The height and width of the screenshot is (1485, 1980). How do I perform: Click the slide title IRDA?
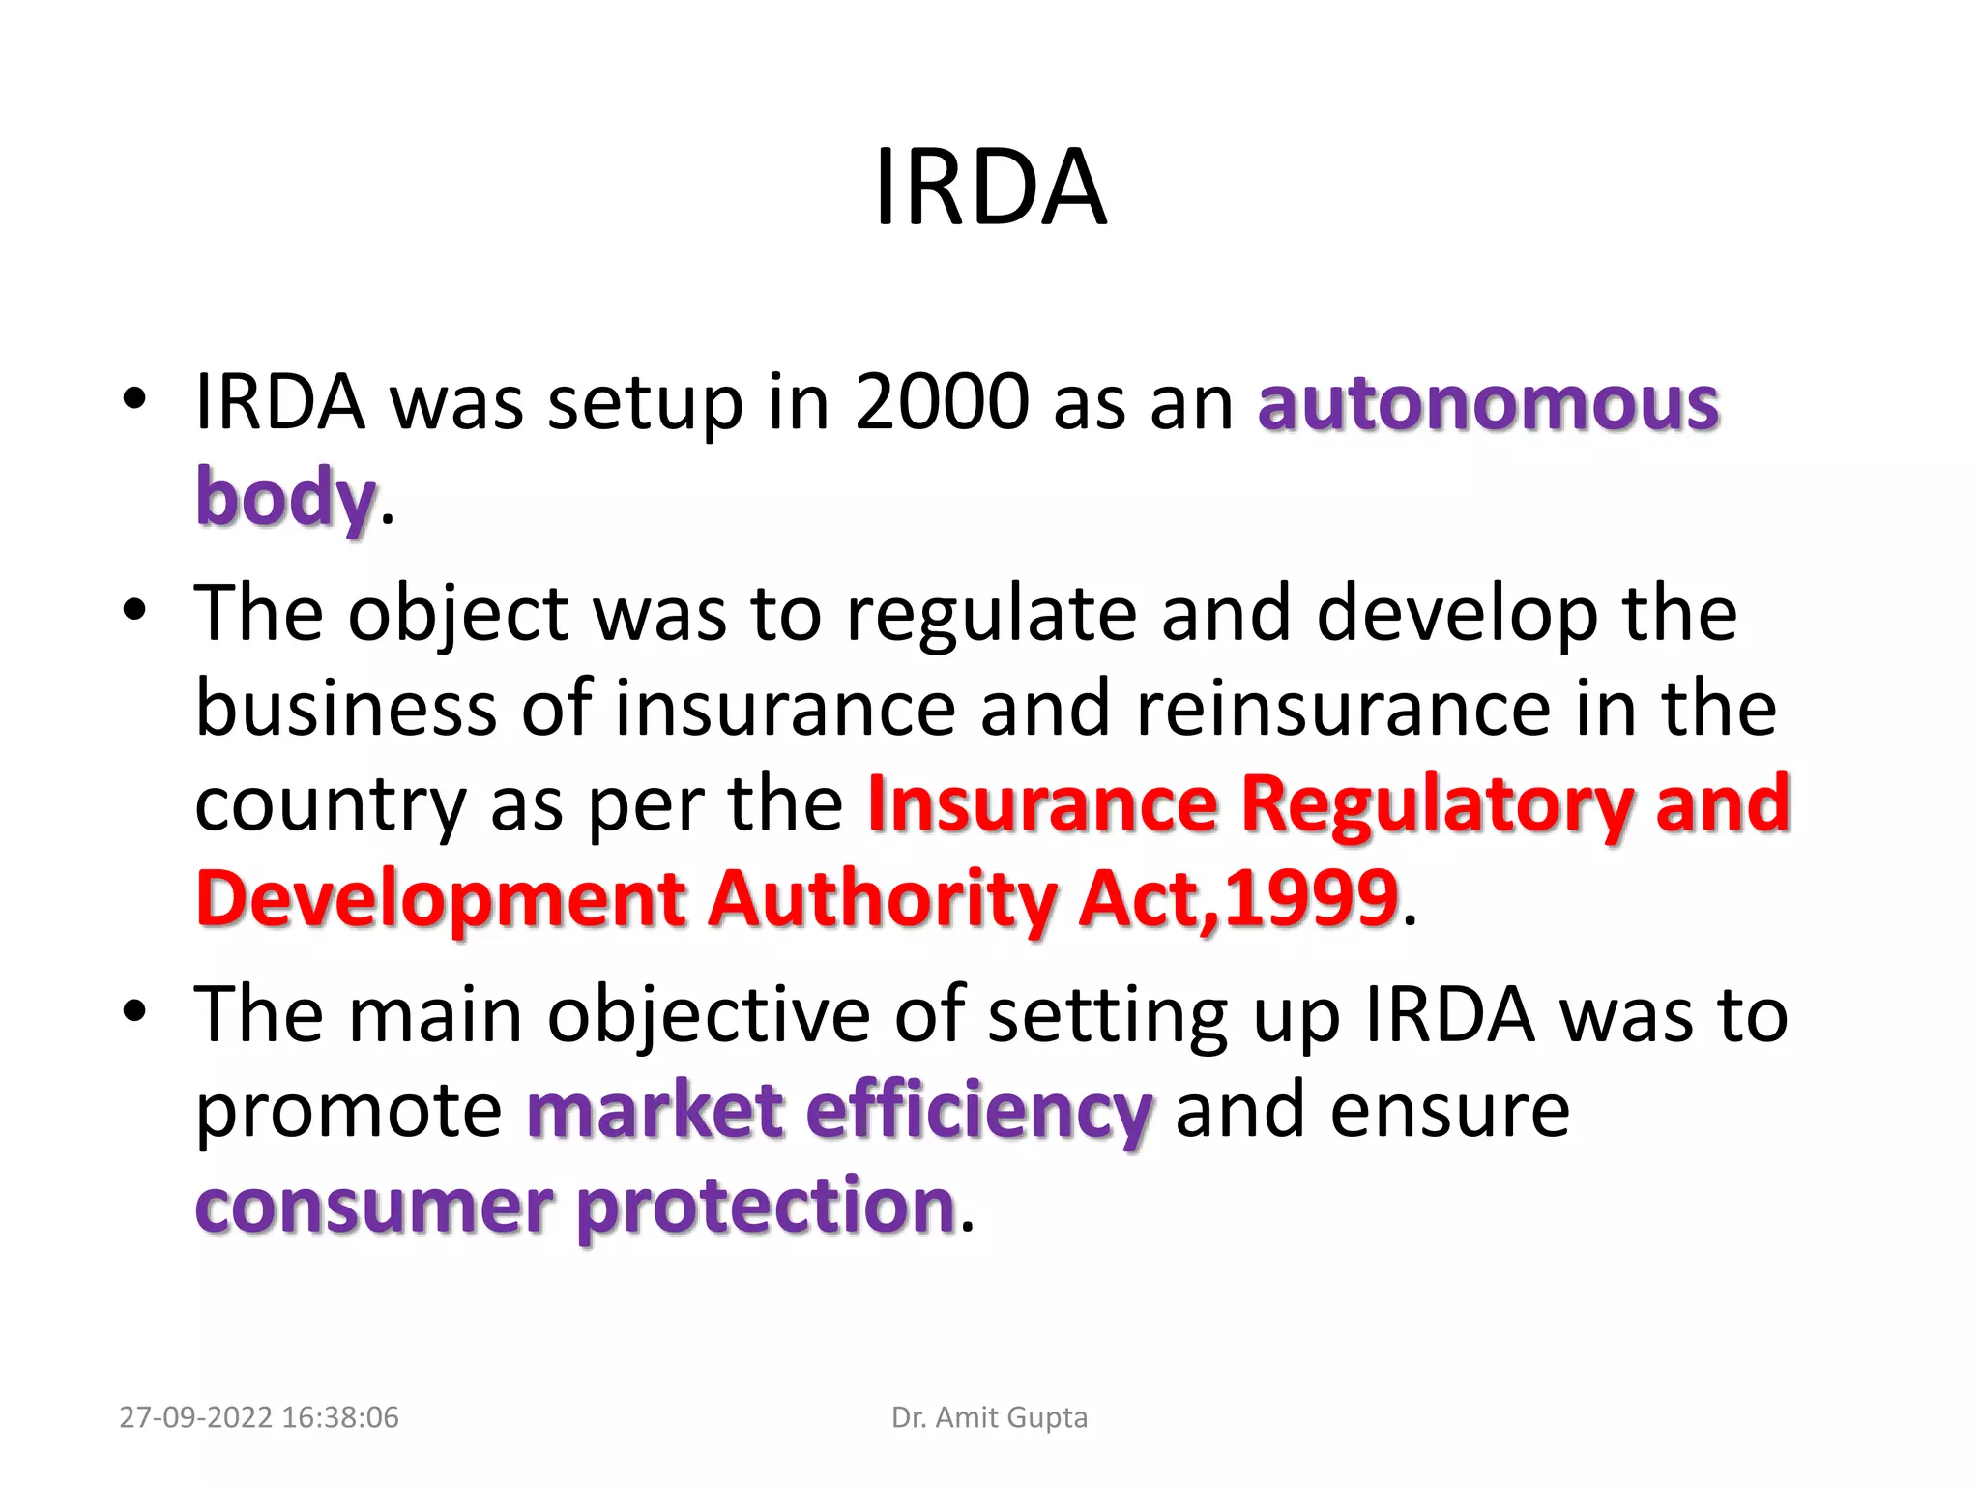tap(990, 188)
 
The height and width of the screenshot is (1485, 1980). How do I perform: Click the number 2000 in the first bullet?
tap(942, 402)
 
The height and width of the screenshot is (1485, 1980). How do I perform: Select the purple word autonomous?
tap(1488, 402)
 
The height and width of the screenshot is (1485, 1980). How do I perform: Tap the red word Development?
tap(440, 899)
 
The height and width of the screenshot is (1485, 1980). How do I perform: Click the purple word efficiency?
tap(979, 1110)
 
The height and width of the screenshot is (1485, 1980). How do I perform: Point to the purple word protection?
tap(767, 1206)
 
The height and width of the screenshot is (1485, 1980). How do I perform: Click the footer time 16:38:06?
tap(341, 1417)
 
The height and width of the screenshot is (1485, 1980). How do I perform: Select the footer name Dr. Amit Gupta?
tap(989, 1417)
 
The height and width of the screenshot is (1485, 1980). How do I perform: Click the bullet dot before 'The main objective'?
tap(134, 1012)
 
